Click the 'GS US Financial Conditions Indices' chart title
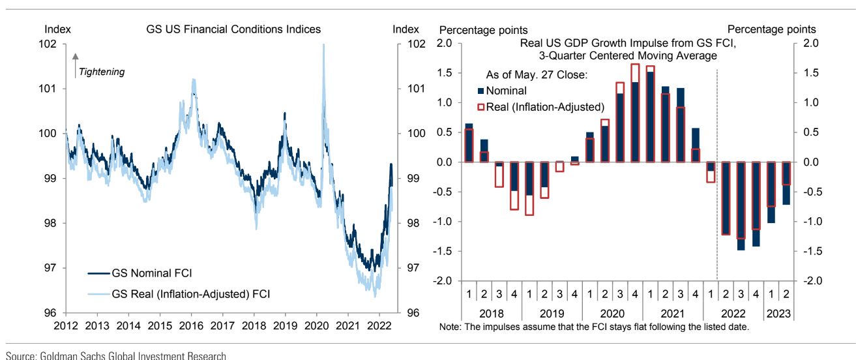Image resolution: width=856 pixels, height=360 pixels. coord(233,29)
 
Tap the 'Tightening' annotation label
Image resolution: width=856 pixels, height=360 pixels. coord(101,71)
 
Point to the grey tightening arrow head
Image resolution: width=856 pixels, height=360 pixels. coord(75,57)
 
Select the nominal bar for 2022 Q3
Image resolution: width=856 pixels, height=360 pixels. coord(740,205)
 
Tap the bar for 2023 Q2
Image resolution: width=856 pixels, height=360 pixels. coord(786,183)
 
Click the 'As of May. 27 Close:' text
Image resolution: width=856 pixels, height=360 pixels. coord(537,76)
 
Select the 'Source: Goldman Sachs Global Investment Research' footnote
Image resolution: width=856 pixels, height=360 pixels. coord(115,355)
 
